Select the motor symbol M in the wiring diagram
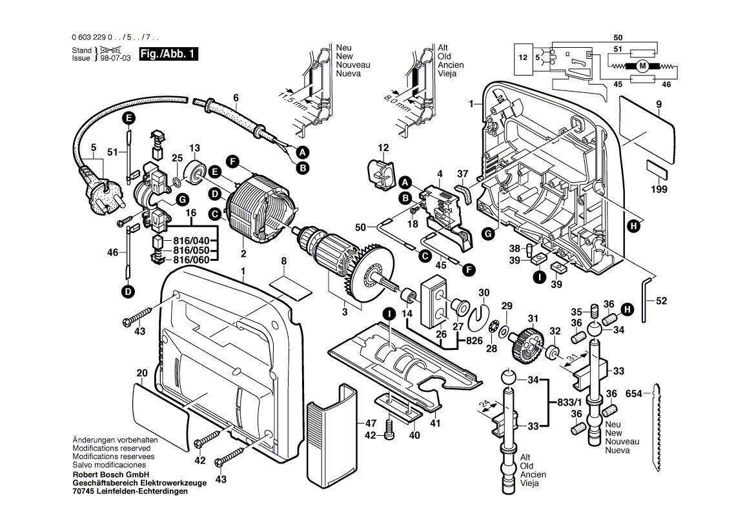point(642,65)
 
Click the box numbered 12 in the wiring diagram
point(523,57)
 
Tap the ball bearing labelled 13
point(194,171)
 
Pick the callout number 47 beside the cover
point(370,424)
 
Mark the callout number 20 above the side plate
point(142,373)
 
